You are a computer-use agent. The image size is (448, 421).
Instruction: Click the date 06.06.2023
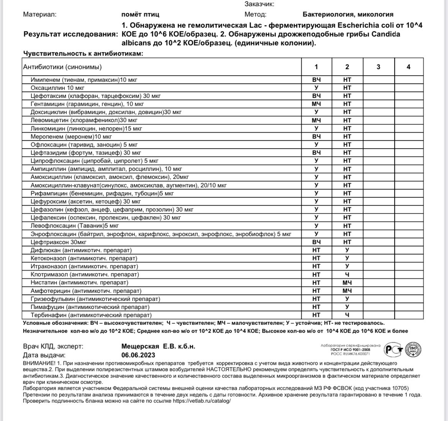pos(138,355)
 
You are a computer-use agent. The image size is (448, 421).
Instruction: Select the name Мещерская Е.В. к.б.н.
pos(158,346)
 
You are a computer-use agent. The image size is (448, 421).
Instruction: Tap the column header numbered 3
pos(378,67)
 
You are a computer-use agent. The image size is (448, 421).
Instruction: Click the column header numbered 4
pos(409,67)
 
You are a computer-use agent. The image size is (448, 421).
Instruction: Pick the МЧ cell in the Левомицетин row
pos(316,121)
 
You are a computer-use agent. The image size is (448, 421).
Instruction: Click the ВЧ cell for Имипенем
pos(316,80)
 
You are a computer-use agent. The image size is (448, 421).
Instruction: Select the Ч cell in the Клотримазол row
pos(347,274)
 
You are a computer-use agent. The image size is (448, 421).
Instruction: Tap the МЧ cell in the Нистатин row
pos(347,282)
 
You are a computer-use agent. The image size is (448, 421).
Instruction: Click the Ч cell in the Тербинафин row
pos(347,315)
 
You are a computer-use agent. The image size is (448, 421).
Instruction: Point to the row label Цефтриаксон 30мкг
pos(59,242)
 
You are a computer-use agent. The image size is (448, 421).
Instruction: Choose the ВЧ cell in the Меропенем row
pos(316,137)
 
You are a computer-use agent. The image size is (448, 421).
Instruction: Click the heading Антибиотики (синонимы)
pos(62,67)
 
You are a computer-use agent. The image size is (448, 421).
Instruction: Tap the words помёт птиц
pos(140,15)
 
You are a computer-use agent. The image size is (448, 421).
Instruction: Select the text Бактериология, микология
pos(348,15)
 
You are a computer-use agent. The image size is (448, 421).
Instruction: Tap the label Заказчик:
pos(259,4)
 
